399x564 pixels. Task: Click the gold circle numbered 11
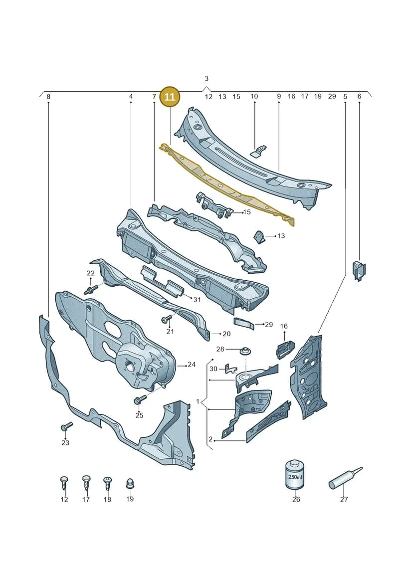click(x=170, y=97)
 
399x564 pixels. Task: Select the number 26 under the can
click(x=296, y=499)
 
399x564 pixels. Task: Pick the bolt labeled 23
click(x=67, y=426)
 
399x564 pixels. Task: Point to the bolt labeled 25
click(x=140, y=399)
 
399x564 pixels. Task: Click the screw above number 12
click(x=64, y=483)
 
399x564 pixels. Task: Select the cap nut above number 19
click(x=130, y=483)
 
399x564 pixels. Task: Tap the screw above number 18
click(x=108, y=483)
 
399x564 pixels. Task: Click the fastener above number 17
click(x=86, y=483)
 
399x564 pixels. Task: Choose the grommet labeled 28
click(x=244, y=350)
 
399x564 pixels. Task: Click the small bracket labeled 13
click(x=259, y=237)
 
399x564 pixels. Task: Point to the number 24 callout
click(x=192, y=365)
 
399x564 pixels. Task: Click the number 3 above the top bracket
click(x=206, y=78)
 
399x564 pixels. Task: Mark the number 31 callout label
click(x=197, y=299)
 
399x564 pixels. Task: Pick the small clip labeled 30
click(x=229, y=369)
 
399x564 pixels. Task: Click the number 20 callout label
click(x=226, y=334)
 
